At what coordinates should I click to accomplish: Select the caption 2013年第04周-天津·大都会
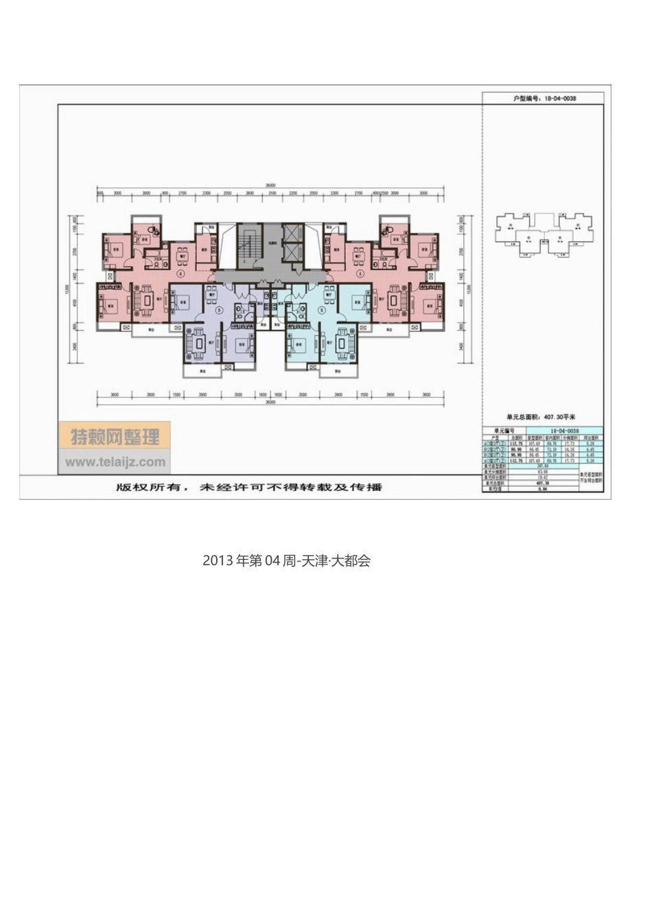pyautogui.click(x=286, y=560)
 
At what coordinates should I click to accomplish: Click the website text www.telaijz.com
pyautogui.click(x=115, y=462)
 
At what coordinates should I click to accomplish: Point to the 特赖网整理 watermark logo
pyautogui.click(x=115, y=436)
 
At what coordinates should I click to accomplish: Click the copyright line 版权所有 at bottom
pyautogui.click(x=248, y=487)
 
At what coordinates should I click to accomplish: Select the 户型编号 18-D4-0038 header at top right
pyautogui.click(x=544, y=98)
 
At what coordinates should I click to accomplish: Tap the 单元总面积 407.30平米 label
pyautogui.click(x=541, y=416)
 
